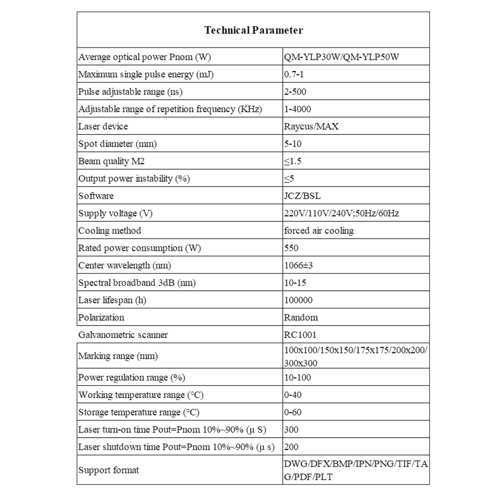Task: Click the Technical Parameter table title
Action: pos(254,30)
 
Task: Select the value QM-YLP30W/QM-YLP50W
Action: pos(341,57)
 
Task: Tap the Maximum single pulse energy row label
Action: pos(146,74)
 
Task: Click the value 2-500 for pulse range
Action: pos(295,92)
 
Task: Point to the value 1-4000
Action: pos(297,109)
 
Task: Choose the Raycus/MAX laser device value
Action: pos(311,126)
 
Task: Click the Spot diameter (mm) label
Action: pos(117,144)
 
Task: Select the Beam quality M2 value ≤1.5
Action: pos(293,161)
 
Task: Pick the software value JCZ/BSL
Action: pos(302,196)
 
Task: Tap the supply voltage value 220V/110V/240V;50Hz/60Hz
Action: pos(341,213)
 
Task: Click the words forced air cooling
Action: pos(319,230)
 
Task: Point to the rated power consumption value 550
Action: pos(291,248)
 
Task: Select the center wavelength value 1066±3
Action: pos(298,265)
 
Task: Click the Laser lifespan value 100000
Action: pos(298,300)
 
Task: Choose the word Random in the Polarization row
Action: pos(301,317)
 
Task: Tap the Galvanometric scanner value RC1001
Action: pos(300,335)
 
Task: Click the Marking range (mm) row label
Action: pos(118,356)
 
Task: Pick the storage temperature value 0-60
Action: pos(293,412)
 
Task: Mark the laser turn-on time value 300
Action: pos(291,430)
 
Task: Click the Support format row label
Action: pos(108,470)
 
